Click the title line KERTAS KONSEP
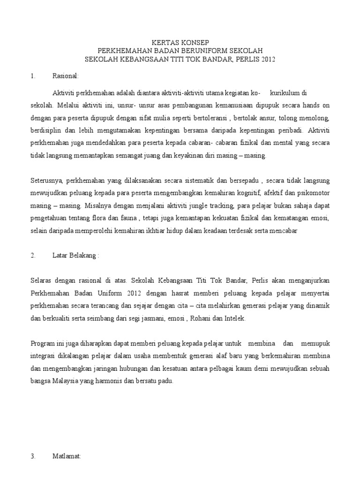180,42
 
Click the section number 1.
32,75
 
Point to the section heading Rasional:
66,75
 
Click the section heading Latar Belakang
75,255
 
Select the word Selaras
42,280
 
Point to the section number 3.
33,455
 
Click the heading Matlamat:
67,455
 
